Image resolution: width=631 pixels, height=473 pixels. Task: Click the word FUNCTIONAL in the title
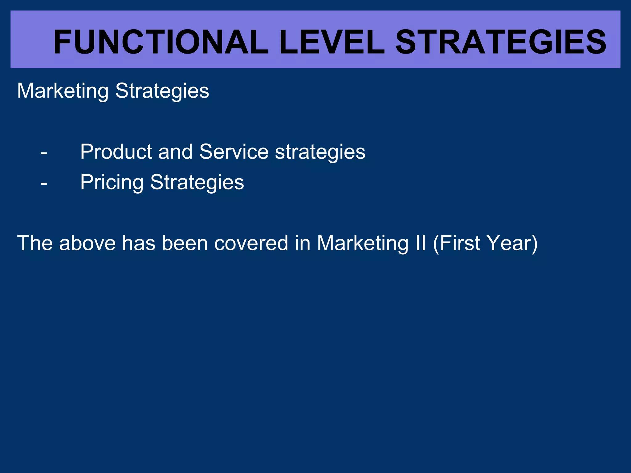pyautogui.click(x=160, y=42)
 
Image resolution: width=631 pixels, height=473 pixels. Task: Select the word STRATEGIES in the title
pyautogui.click(x=501, y=42)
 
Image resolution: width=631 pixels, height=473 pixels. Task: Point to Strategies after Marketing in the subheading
pyautogui.click(x=162, y=91)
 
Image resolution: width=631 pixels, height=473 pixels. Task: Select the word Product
pyautogui.click(x=116, y=152)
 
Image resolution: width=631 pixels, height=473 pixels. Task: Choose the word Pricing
pyautogui.click(x=112, y=182)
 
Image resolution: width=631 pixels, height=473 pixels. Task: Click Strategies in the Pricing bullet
pyautogui.click(x=197, y=182)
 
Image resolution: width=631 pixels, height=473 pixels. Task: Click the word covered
pyautogui.click(x=251, y=243)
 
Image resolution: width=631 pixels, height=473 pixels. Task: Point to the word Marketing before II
pyautogui.click(x=363, y=243)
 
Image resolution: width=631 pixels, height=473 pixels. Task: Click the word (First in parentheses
pyautogui.click(x=456, y=243)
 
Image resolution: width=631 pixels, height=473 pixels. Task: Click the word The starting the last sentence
pyautogui.click(x=35, y=243)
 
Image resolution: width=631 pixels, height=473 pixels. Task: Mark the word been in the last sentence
pyautogui.click(x=185, y=243)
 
